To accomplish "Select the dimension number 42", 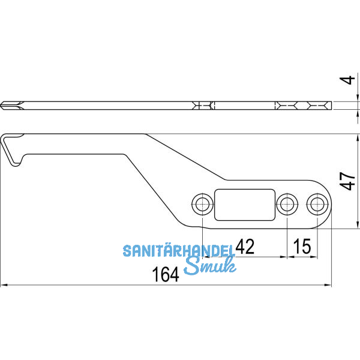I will click(x=245, y=246).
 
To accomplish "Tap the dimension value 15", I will click(x=302, y=246).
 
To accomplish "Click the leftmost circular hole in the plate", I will click(x=202, y=204).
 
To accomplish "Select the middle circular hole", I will click(x=287, y=204).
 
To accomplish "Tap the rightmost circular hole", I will click(x=316, y=204).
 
